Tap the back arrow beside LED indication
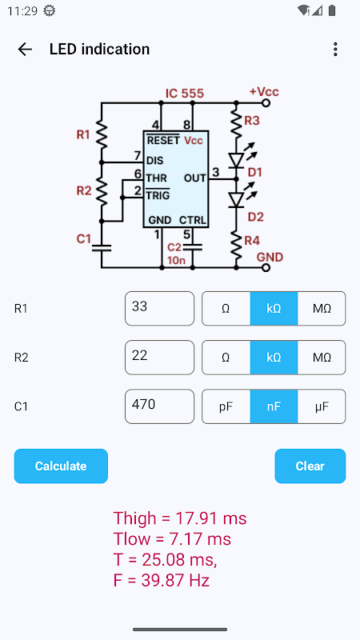click(25, 50)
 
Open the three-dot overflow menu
click(335, 50)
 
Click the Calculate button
click(61, 466)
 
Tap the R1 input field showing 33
click(159, 309)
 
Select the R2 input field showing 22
click(159, 358)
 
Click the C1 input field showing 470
click(159, 406)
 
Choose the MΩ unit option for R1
click(322, 309)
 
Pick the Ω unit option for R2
click(226, 358)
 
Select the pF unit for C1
click(226, 406)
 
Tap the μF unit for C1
click(322, 406)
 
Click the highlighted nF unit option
click(274, 406)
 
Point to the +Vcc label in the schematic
click(264, 91)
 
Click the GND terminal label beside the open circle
click(270, 257)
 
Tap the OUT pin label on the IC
click(195, 178)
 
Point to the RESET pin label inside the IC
click(163, 140)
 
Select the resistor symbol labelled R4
click(236, 245)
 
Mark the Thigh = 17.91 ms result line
click(180, 518)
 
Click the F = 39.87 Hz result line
click(162, 581)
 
